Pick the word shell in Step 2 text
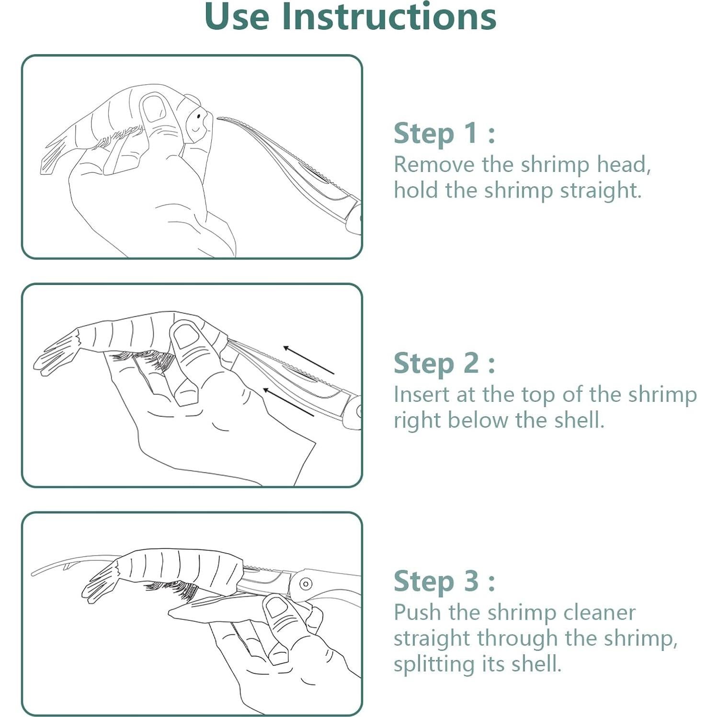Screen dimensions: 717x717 point(579,420)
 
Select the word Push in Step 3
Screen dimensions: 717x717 point(417,612)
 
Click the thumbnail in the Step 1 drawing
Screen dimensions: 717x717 point(154,108)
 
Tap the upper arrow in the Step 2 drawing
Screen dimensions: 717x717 point(308,360)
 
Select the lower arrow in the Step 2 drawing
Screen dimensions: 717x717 point(288,402)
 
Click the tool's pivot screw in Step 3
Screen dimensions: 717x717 point(306,584)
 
